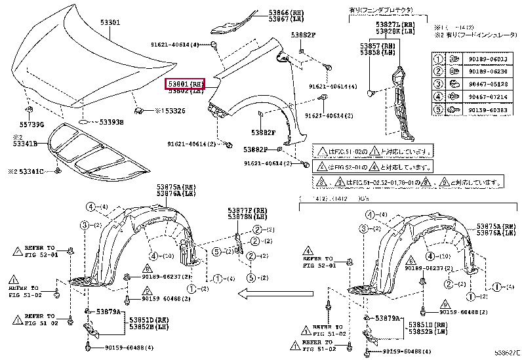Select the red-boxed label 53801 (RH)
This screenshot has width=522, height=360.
tap(186, 84)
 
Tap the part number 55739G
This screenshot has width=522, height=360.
tap(31, 124)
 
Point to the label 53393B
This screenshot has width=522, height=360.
tap(111, 122)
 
